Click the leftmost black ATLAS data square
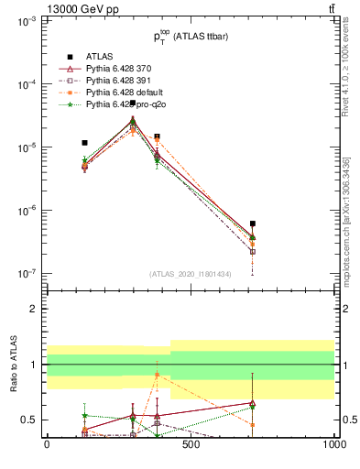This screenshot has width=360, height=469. [84, 143]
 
